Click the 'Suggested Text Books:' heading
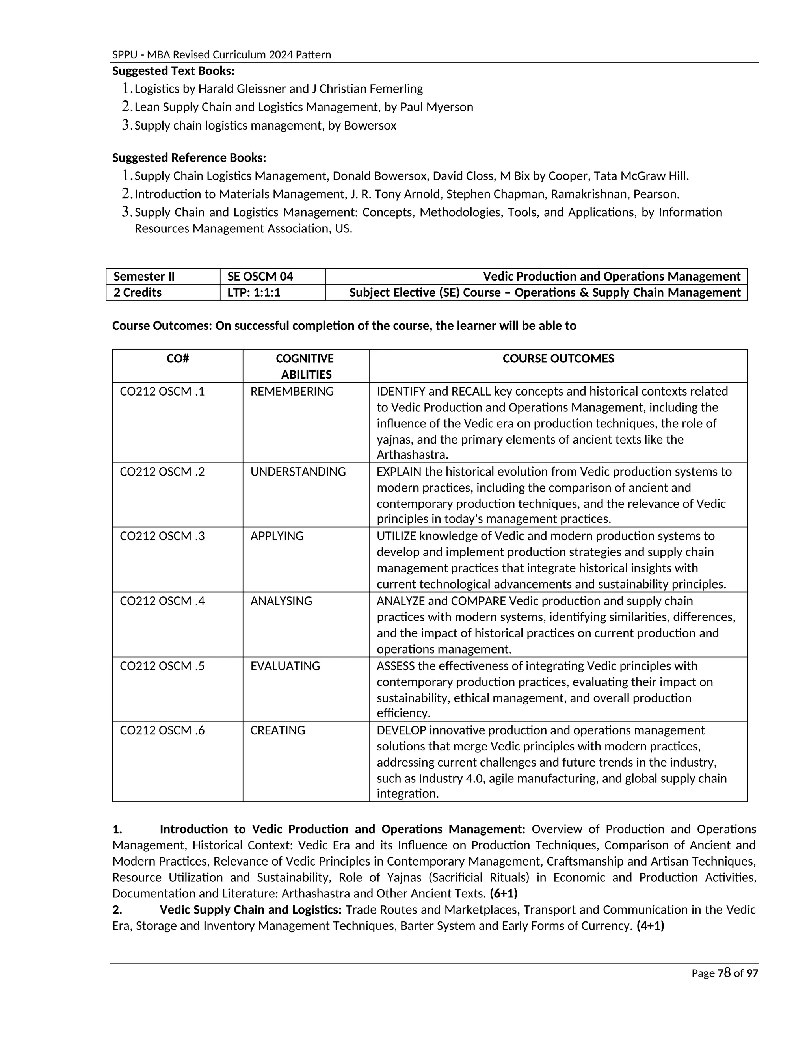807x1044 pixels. (x=173, y=71)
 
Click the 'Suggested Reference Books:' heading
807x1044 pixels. (x=189, y=158)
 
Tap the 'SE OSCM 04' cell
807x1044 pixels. (x=260, y=276)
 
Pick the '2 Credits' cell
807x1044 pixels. (x=138, y=293)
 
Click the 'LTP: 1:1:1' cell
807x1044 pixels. (x=253, y=293)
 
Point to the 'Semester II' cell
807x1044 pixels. (x=144, y=276)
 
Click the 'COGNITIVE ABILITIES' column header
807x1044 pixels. (x=305, y=366)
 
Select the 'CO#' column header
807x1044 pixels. (x=177, y=359)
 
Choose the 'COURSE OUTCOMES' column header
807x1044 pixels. (x=558, y=359)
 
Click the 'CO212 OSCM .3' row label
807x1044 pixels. (x=162, y=536)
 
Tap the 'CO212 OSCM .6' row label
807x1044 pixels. (x=162, y=730)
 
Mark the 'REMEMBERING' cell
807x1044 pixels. (x=292, y=392)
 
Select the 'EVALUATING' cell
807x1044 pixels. (x=285, y=666)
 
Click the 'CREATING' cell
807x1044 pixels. (x=277, y=730)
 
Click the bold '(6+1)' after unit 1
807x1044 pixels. (x=504, y=894)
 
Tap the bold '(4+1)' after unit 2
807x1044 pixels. (x=650, y=926)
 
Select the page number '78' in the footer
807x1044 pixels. (x=724, y=973)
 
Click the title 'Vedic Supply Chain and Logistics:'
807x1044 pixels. (x=250, y=910)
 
